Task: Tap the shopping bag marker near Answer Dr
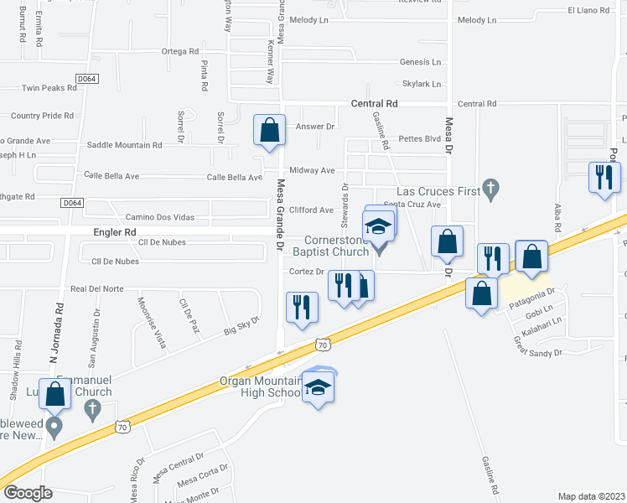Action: (x=269, y=131)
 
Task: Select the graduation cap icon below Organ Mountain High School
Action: (x=318, y=387)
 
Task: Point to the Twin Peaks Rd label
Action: (x=49, y=88)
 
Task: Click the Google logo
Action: (x=28, y=493)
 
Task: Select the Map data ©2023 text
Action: (x=591, y=496)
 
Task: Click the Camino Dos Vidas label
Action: (x=159, y=217)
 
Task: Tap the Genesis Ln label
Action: (x=420, y=62)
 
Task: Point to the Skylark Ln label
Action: (x=421, y=84)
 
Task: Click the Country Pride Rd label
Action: (x=42, y=116)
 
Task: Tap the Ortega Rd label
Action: (x=179, y=51)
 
